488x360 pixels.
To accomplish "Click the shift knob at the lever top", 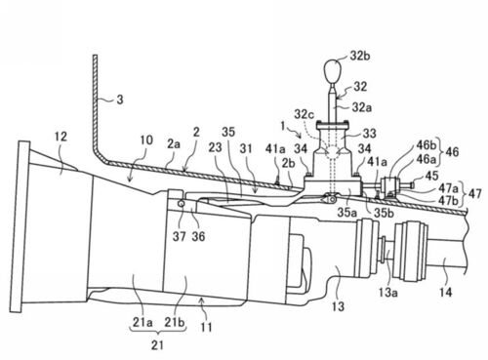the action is click(333, 71).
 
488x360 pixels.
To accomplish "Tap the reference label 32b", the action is click(360, 56).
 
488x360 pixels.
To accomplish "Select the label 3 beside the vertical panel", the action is click(120, 100).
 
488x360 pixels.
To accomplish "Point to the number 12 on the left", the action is click(61, 137).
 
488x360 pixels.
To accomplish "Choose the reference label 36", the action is click(198, 236).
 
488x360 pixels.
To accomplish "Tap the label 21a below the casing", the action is click(142, 322).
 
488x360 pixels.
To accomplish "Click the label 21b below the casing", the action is click(175, 322).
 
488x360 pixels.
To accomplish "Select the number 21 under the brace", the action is click(157, 345).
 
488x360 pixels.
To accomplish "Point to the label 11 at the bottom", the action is click(206, 327).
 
